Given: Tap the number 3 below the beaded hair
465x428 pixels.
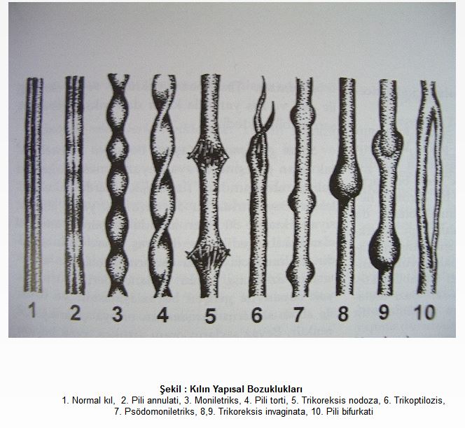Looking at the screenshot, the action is click(118, 314).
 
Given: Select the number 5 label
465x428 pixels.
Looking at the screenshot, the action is click(210, 315).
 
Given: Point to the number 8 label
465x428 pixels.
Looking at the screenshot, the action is click(343, 313).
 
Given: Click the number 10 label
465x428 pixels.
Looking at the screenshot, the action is click(424, 312).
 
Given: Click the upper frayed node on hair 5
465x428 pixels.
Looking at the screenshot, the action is click(209, 153).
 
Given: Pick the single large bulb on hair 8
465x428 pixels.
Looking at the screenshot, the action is click(346, 180).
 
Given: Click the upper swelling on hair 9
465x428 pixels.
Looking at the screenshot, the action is click(388, 144).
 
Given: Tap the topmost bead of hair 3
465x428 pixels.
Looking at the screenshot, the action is click(118, 111).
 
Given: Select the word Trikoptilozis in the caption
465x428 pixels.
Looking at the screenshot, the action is click(419, 401).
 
